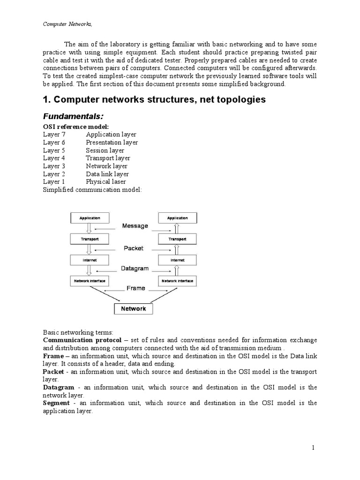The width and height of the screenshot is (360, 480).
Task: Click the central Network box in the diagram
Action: coord(134,308)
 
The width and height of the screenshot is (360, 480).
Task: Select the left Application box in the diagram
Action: coord(89,218)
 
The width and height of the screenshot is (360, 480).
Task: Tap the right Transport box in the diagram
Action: coord(177,239)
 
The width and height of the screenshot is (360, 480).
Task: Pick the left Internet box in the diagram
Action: coord(89,260)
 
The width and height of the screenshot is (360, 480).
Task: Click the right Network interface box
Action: coord(177,281)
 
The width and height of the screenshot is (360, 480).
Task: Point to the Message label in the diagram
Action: coord(135,225)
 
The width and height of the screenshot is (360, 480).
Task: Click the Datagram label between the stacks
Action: coord(135,269)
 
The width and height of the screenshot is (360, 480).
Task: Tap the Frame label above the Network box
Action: coord(135,288)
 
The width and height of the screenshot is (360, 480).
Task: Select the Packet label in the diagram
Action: coord(134,248)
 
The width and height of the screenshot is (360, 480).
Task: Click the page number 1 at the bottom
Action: coord(313,448)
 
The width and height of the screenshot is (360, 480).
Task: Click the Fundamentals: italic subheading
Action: coord(73,116)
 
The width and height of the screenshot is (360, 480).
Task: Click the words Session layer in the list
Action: coord(105,150)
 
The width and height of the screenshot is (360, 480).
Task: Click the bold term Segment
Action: coord(56,403)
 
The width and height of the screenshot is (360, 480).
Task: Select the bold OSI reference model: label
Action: coord(76,127)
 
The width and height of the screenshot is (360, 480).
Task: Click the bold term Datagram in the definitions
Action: coord(59,387)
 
